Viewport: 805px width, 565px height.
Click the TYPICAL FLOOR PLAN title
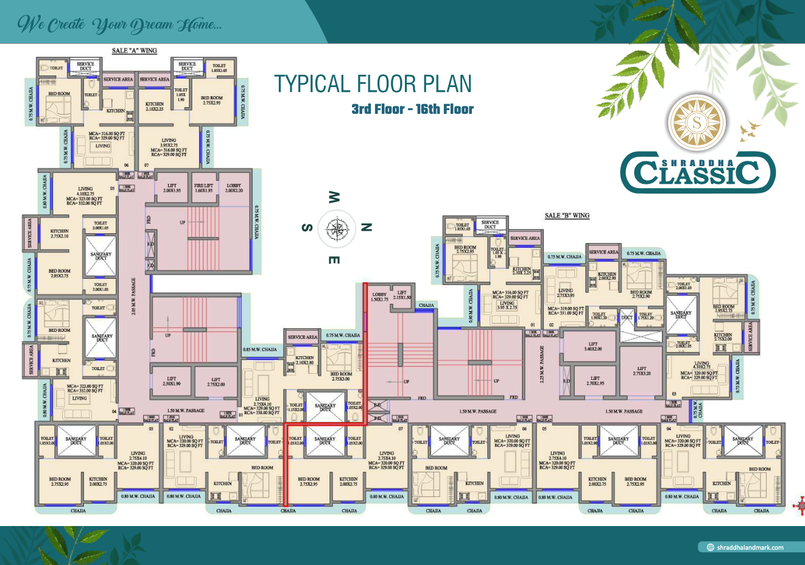(x=373, y=84)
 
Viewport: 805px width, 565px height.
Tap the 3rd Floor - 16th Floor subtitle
(x=412, y=110)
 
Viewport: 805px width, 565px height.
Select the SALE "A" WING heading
(x=134, y=51)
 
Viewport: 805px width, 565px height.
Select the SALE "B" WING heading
(x=567, y=216)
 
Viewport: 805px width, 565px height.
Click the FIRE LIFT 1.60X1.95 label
(x=203, y=188)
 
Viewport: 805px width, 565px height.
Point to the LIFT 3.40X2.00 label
(x=592, y=346)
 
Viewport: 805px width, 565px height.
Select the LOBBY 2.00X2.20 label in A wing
(x=234, y=188)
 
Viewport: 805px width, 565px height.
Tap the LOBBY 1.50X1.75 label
(x=379, y=297)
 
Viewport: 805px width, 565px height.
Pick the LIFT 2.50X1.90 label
(x=171, y=381)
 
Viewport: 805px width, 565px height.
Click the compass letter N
(x=366, y=227)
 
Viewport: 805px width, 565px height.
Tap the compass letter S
(x=308, y=228)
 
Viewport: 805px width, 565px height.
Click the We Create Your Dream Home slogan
(x=119, y=24)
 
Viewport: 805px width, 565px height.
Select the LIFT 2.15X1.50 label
(x=402, y=295)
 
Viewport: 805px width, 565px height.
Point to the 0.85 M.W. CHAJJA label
(x=260, y=350)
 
